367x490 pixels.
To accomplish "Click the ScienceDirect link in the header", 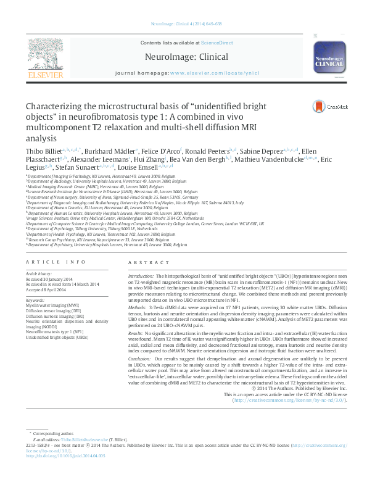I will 216,43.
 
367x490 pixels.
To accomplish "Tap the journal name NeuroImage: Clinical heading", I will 183,57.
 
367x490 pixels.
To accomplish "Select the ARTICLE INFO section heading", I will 51,262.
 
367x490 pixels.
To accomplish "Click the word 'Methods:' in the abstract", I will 138,307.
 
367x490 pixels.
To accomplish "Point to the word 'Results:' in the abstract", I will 137,333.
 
